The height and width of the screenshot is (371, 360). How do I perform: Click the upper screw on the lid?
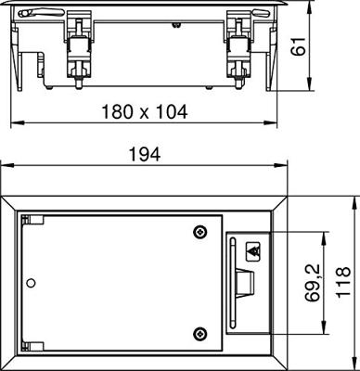point(199,231)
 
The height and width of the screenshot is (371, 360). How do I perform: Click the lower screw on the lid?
point(199,333)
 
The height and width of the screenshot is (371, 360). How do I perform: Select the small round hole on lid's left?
point(32,282)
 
